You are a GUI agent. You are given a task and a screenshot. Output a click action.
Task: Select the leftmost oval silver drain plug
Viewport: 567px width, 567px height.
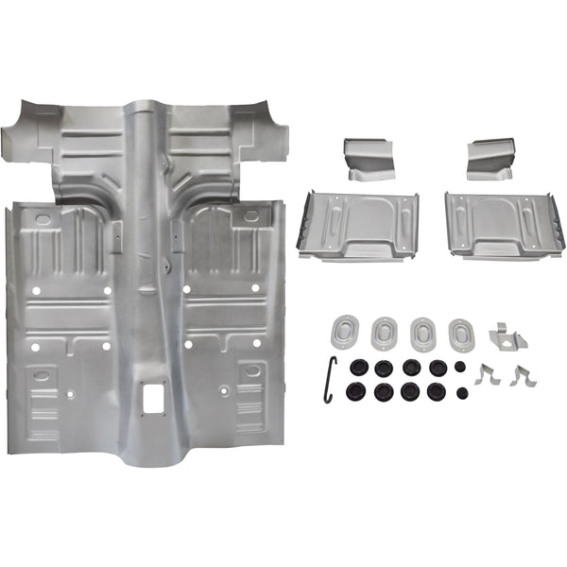[345, 331]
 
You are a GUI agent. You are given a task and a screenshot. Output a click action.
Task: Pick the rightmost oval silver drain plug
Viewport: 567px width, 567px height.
[460, 334]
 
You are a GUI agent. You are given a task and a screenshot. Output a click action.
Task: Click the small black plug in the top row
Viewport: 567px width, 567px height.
[459, 366]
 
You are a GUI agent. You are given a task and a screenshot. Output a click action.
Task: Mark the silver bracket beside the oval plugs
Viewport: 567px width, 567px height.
[507, 335]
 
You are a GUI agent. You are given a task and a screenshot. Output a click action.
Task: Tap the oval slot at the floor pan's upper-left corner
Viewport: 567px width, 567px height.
[43, 219]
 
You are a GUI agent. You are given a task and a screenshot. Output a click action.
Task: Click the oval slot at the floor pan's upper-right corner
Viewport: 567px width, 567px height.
[250, 216]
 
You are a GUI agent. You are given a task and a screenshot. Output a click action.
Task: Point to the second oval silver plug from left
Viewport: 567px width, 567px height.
[384, 333]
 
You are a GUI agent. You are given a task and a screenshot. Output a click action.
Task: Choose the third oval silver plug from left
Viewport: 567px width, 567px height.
[422, 334]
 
